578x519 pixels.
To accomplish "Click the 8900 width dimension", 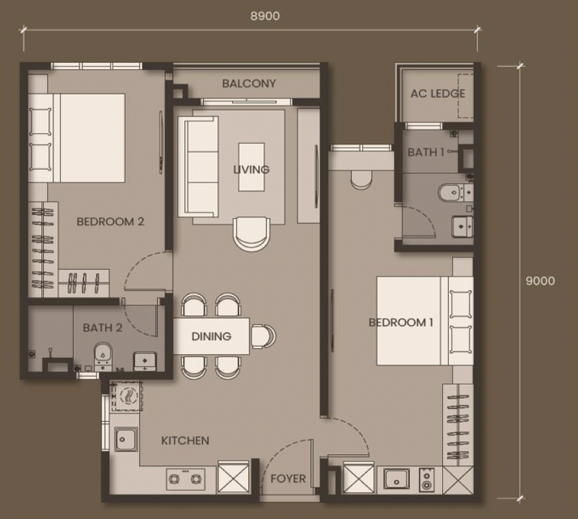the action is click(x=264, y=16).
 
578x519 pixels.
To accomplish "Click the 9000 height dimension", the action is click(x=540, y=281).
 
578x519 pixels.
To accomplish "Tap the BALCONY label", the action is click(x=249, y=83).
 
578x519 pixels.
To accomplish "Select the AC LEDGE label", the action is click(x=438, y=94).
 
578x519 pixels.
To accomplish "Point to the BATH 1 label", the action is click(x=426, y=152).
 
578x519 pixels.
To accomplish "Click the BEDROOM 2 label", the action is click(x=110, y=222).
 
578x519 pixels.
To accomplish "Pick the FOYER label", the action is click(x=288, y=479).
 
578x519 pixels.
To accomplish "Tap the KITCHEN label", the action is click(x=185, y=441).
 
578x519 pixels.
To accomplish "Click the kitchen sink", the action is click(x=126, y=439).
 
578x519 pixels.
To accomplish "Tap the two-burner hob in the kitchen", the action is click(x=186, y=479).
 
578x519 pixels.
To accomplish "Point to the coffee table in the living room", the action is click(x=252, y=167).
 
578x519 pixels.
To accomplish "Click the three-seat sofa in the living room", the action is click(x=198, y=166).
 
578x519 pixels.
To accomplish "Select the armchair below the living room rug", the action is click(x=252, y=234).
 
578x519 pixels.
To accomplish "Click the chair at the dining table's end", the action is click(x=263, y=336).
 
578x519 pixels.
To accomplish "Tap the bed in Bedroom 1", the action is click(x=425, y=321).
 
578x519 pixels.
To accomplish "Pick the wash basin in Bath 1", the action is click(x=462, y=226).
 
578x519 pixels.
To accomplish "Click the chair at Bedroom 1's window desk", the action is click(x=361, y=180).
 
